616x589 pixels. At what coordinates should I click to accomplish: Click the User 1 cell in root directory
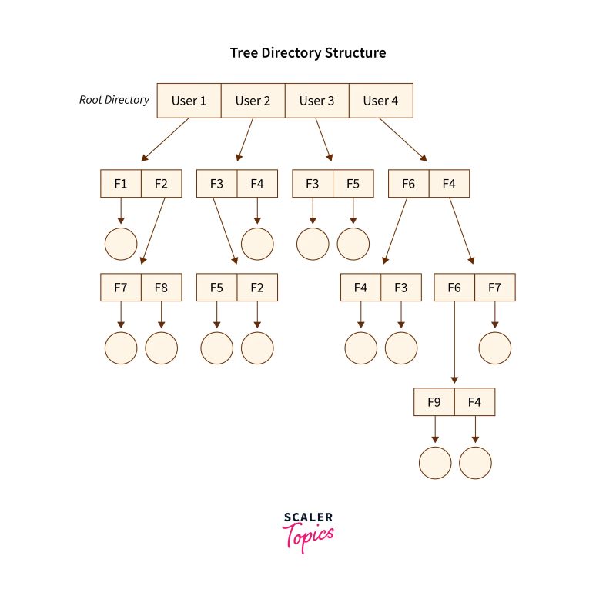189,101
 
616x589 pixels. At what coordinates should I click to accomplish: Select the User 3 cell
316,101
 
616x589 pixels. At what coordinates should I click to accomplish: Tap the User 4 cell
380,101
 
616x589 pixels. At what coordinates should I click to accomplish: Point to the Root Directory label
114,100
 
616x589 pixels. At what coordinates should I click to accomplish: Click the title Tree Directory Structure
308,53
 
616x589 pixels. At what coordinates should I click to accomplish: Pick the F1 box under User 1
121,184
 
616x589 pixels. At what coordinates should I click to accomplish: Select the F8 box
161,288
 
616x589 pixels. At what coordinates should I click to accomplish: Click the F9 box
434,402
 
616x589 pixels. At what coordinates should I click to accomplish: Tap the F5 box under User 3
353,184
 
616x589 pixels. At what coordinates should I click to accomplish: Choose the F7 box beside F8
121,288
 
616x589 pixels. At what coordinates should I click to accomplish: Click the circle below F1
121,244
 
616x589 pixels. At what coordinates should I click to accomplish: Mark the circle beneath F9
435,463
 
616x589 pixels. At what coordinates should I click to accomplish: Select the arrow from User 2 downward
244,140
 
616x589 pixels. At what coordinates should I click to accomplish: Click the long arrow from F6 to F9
454,342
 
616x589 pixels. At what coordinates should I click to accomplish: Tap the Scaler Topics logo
308,531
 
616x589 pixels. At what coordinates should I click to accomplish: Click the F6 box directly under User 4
408,184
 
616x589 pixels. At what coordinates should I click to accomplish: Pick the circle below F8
161,348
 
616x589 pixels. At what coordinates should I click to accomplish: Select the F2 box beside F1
161,184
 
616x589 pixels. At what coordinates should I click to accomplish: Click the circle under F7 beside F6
494,348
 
